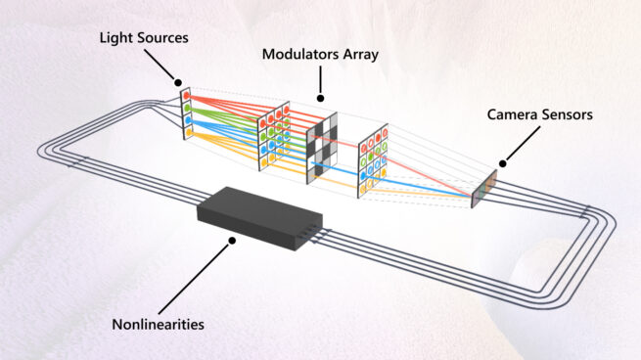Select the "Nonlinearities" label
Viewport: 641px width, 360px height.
pyautogui.click(x=161, y=320)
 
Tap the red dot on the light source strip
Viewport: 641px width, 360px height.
pyautogui.click(x=186, y=96)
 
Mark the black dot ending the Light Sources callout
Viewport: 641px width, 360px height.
pyautogui.click(x=177, y=82)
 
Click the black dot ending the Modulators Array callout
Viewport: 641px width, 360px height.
pyautogui.click(x=319, y=98)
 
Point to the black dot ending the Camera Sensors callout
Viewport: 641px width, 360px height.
pyautogui.click(x=503, y=163)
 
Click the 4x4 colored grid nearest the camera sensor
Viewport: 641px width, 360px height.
pyautogui.click(x=376, y=155)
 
